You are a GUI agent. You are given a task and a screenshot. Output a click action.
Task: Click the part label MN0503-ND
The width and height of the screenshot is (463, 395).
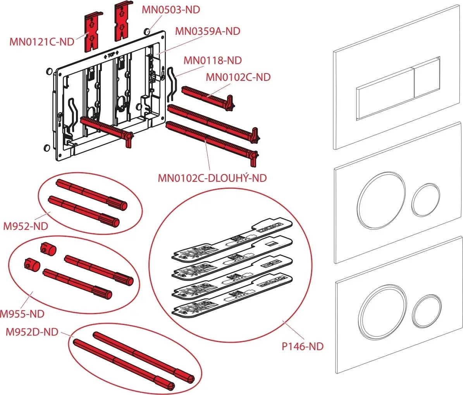click(x=170, y=10)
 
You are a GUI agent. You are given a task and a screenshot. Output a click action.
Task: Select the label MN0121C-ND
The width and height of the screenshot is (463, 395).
click(x=42, y=42)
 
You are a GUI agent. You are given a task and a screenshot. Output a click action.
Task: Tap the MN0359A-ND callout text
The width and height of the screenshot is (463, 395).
click(x=207, y=31)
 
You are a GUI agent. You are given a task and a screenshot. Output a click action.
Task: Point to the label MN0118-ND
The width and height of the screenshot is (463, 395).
click(x=212, y=60)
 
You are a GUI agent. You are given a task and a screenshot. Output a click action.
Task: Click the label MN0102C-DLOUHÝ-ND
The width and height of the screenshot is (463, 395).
click(x=212, y=178)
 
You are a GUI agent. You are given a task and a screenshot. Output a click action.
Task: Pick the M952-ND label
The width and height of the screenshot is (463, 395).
click(x=26, y=226)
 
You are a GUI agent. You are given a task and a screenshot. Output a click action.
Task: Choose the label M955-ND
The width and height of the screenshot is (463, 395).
click(x=22, y=314)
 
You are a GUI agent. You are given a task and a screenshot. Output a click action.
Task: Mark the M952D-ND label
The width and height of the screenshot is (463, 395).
click(x=32, y=332)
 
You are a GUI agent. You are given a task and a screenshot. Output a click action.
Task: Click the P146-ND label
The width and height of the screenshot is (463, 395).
click(x=302, y=346)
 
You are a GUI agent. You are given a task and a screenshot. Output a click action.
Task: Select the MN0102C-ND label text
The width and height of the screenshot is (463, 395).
click(x=238, y=77)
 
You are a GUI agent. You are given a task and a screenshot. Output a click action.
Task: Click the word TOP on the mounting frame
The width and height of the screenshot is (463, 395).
click(x=111, y=55)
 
